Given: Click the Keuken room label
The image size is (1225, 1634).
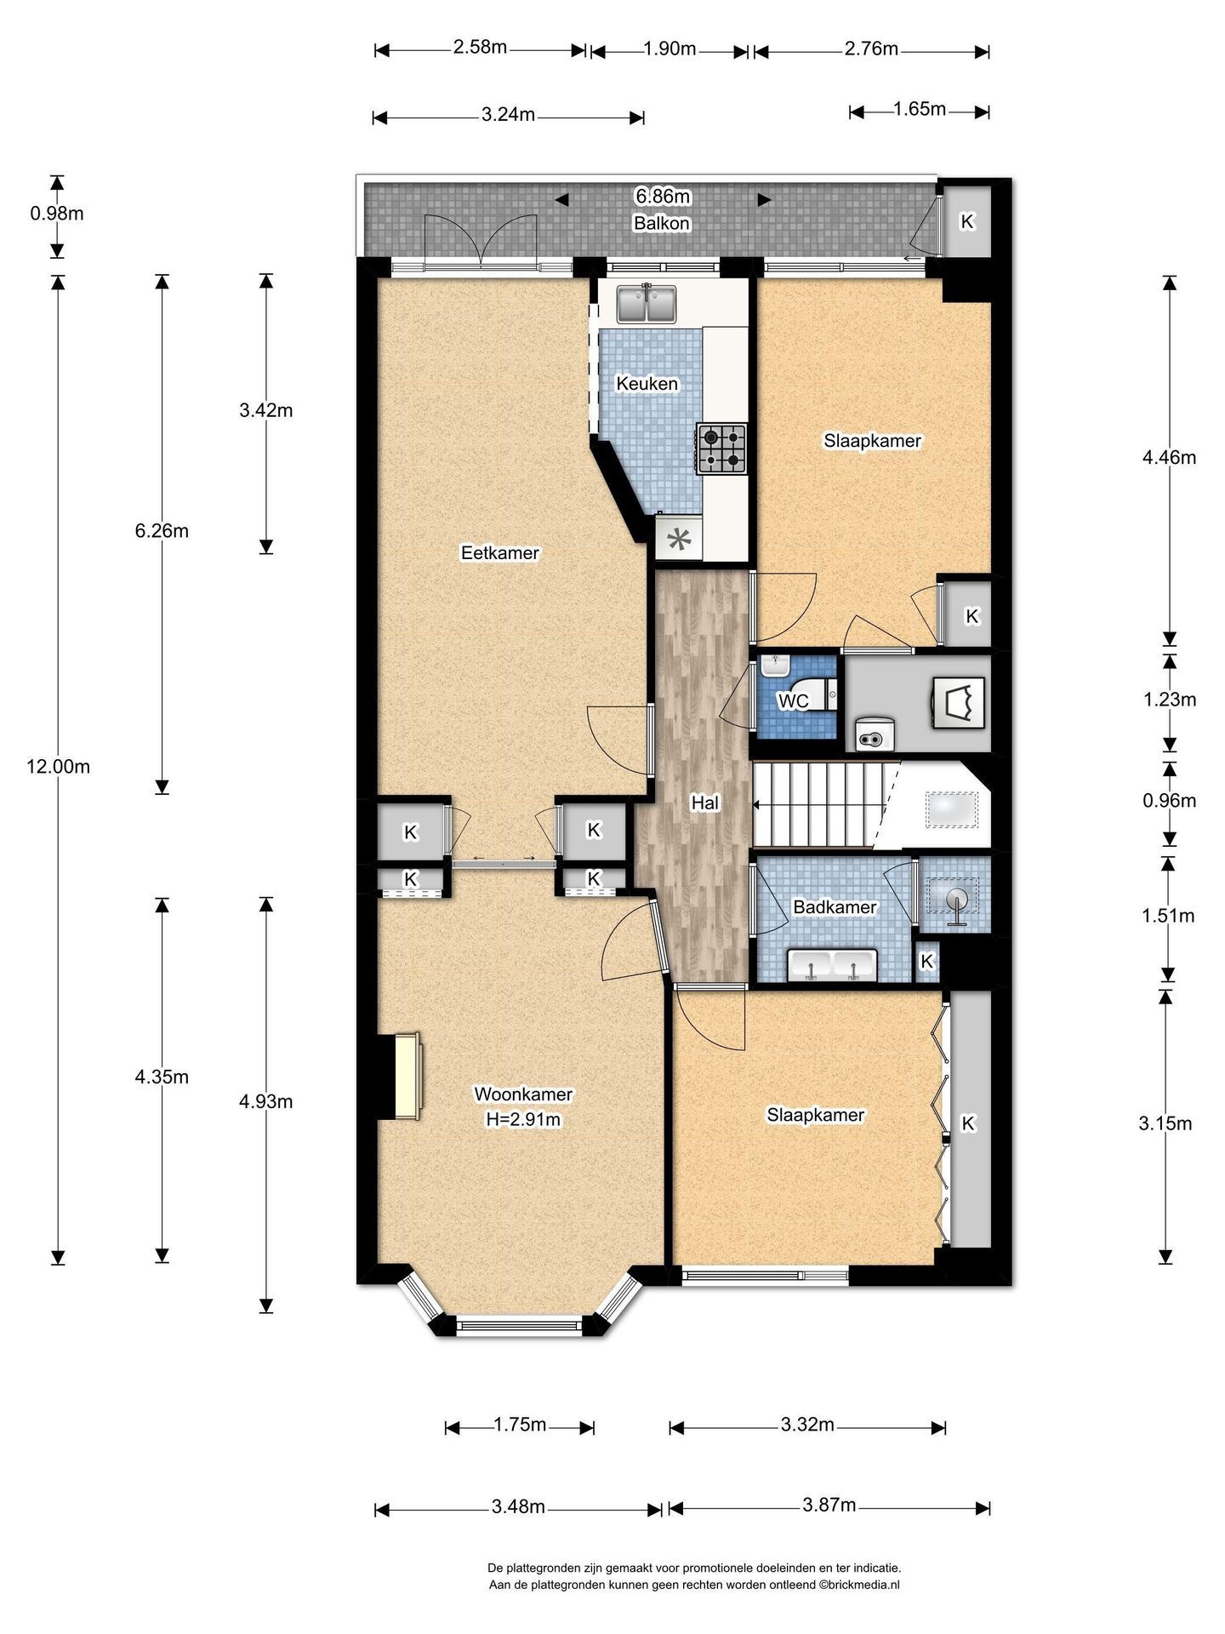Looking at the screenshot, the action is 647,384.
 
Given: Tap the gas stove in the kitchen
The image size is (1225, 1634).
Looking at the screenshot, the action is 721,448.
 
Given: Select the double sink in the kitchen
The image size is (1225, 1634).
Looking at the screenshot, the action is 647,305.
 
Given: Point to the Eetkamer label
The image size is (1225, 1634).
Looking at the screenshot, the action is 500,553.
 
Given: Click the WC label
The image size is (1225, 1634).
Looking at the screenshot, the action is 794,701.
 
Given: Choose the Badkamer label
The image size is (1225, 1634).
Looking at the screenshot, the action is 835,907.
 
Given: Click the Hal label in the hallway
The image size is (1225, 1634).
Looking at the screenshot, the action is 704,802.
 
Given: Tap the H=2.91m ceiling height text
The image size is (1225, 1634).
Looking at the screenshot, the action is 523,1120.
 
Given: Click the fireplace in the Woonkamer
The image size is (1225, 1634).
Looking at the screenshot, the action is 407,1076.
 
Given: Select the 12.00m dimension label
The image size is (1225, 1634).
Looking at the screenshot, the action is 58,766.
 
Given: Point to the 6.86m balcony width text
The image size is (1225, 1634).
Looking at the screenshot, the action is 663,197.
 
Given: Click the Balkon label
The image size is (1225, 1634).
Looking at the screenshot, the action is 662,223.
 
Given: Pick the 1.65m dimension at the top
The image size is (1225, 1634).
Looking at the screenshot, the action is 920,109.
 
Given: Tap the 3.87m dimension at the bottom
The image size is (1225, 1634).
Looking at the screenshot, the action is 829,1505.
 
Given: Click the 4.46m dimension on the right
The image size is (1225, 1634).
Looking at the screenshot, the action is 1170,457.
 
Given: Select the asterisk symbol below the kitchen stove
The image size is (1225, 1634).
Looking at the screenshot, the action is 679,540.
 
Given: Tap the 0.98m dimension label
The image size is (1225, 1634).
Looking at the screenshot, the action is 57,214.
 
